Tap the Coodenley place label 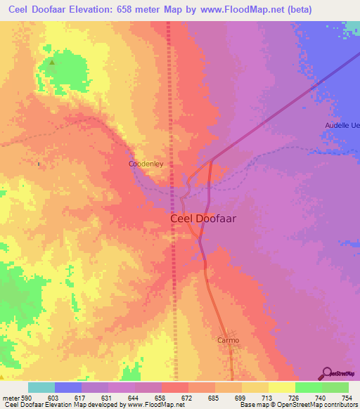coord(146,164)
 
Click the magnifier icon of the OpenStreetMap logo coord(326,373)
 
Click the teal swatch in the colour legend coord(41,387)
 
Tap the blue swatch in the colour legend coord(67,387)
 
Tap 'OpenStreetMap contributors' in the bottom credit coord(319,405)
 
